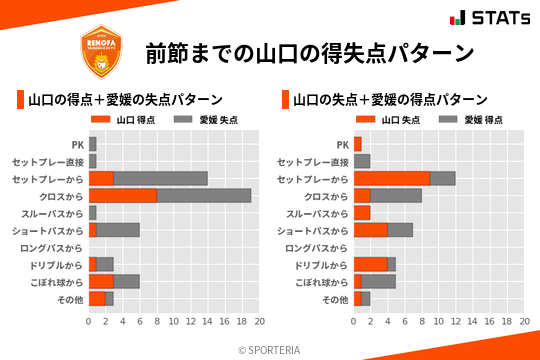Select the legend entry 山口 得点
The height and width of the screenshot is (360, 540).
[121, 119]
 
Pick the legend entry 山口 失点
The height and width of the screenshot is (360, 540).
[386, 119]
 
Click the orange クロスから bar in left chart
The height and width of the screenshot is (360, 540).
[123, 195]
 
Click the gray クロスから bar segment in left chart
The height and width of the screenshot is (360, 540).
[204, 195]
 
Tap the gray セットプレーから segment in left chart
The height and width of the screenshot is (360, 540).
[161, 178]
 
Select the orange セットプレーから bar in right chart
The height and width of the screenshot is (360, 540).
[392, 178]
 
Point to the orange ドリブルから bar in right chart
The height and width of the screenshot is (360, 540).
[371, 264]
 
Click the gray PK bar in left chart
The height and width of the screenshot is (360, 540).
[93, 144]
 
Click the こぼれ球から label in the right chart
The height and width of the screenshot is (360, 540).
[318, 281]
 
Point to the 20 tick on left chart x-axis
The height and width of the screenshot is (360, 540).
[259, 322]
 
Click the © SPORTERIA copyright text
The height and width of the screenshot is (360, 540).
[270, 349]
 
